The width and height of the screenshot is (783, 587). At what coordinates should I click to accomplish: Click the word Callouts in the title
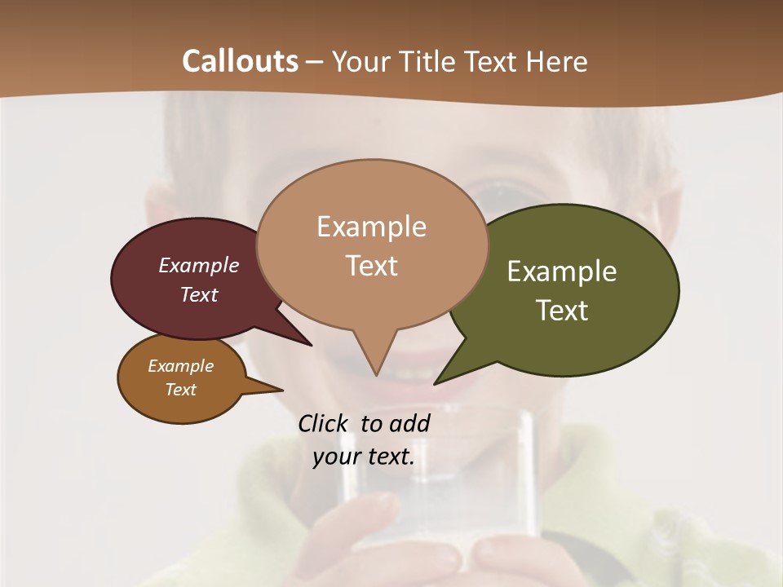240,61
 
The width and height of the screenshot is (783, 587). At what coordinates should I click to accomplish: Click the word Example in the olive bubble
562,271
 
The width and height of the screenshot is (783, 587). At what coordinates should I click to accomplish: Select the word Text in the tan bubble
372,266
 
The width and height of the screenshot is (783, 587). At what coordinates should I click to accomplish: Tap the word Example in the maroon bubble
199,265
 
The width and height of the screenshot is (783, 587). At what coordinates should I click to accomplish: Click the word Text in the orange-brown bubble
181,390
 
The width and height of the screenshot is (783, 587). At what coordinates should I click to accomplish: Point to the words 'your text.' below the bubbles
364,457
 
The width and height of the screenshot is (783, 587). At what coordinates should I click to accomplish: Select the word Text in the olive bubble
562,311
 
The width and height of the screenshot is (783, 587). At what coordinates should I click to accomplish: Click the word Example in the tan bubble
372,227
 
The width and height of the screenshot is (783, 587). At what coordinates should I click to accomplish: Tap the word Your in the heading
360,61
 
